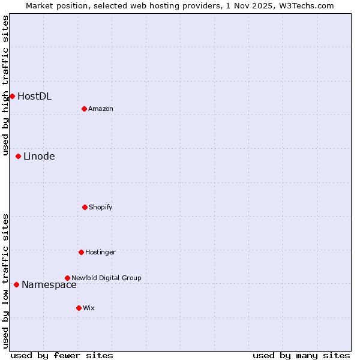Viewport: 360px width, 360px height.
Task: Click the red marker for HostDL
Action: [x=12, y=96]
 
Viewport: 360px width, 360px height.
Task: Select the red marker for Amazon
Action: [x=84, y=109]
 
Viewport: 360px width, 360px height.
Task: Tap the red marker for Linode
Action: [x=18, y=156]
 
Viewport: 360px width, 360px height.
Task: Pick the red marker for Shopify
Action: [x=85, y=207]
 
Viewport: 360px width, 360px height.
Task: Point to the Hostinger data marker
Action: [x=81, y=252]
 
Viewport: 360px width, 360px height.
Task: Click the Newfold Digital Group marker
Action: [x=67, y=278]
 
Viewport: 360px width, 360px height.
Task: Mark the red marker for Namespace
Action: [x=16, y=284]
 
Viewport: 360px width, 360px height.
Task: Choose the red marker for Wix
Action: [x=79, y=308]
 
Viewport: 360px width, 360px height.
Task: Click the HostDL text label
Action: [x=34, y=96]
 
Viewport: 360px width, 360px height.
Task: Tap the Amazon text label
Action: [x=101, y=109]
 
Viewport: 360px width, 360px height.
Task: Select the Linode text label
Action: [x=39, y=156]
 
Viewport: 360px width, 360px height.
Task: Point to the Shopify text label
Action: [x=101, y=207]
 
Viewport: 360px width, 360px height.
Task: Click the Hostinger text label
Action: [x=100, y=252]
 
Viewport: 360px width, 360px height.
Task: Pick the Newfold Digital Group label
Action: [x=106, y=278]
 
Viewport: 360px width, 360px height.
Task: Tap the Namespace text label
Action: [x=49, y=284]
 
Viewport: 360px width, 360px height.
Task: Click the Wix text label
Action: [x=89, y=308]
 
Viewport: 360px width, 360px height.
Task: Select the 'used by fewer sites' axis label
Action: [x=62, y=355]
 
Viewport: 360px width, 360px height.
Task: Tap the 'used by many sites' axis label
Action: [x=301, y=355]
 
